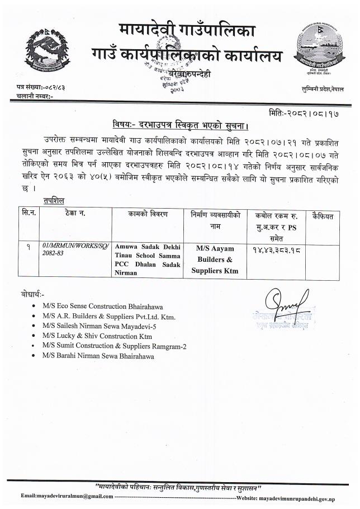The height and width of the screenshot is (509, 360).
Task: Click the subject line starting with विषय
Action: click(177, 124)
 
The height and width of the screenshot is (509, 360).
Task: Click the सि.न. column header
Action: click(29, 215)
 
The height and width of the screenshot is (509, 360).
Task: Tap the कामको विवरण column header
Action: click(147, 215)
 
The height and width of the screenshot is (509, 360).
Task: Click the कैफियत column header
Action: click(323, 215)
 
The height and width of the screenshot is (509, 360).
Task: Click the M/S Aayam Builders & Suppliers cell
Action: click(217, 258)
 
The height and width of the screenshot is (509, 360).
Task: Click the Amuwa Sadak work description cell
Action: click(147, 259)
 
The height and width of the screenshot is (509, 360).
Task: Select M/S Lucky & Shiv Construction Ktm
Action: click(97, 336)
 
